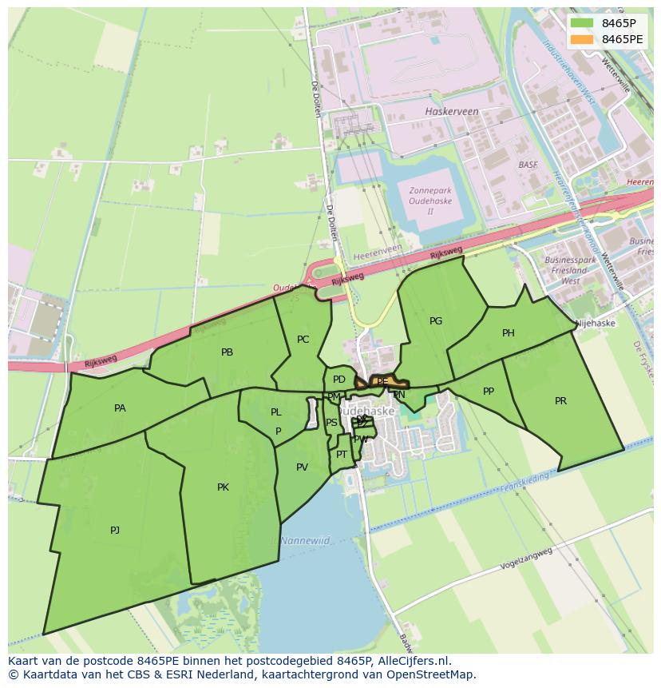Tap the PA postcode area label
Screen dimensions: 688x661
coord(120,408)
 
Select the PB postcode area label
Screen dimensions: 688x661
coord(227,352)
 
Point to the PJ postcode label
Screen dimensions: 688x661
coord(115,530)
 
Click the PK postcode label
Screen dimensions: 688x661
coord(223,487)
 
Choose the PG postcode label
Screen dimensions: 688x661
coord(435,321)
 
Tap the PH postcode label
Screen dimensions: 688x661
coord(508,333)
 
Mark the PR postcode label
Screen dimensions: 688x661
coord(560,401)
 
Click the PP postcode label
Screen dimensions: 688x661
coord(489,392)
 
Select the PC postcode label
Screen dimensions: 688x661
coord(303,340)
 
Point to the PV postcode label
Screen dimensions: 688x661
coord(302,467)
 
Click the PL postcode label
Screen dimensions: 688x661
coord(275,412)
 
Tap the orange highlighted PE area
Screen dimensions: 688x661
coord(382,382)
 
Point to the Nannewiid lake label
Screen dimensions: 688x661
coord(306,540)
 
